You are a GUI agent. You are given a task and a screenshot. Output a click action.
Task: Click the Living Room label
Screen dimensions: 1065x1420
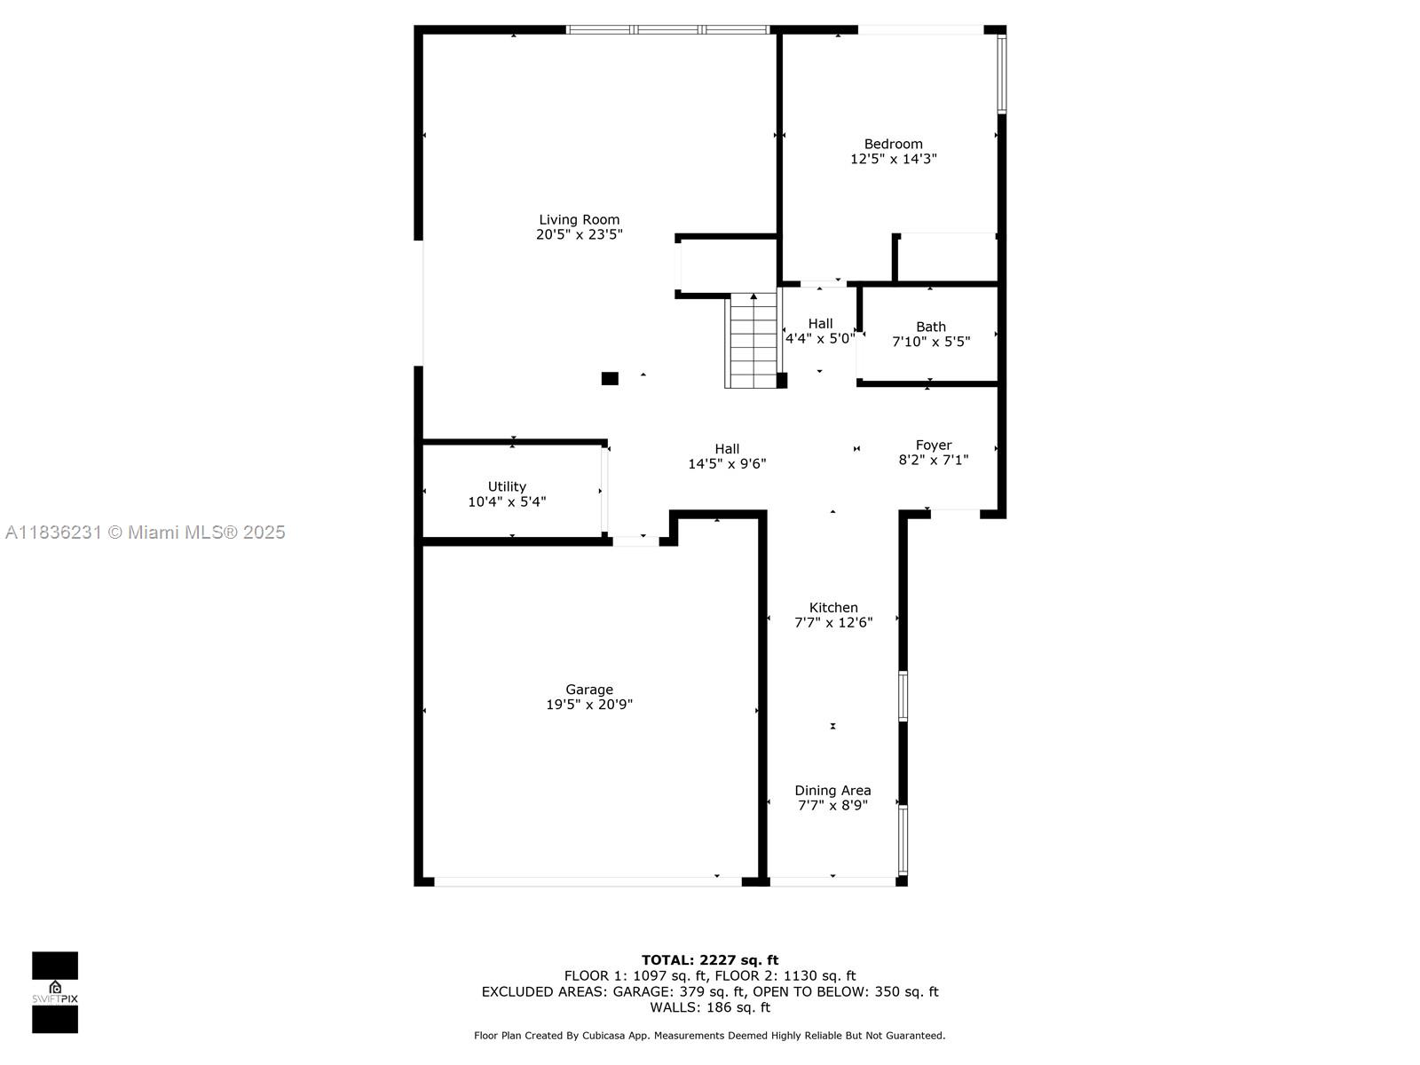(x=579, y=219)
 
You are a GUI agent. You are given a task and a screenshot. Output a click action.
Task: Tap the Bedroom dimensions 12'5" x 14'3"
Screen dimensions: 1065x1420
(x=893, y=159)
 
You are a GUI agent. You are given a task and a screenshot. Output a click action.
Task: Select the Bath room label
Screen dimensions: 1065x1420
(x=930, y=327)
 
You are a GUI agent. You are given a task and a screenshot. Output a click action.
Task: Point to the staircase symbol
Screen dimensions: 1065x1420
(x=753, y=342)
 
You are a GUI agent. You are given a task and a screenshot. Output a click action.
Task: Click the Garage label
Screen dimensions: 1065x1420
(x=589, y=689)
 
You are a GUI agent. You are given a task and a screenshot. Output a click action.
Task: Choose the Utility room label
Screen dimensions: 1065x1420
(x=507, y=486)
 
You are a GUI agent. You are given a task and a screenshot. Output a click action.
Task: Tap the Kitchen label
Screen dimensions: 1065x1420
(x=833, y=607)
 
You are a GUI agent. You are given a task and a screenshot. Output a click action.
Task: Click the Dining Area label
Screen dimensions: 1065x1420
(x=832, y=790)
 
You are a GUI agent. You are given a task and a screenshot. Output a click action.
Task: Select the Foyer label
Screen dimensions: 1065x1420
(x=934, y=445)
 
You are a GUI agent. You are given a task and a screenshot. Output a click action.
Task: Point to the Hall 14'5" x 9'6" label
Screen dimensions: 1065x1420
(x=727, y=456)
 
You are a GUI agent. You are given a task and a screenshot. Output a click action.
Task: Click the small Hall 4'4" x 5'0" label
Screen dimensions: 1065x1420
(x=820, y=330)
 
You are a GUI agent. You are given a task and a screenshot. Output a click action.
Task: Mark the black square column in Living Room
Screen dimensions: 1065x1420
(x=610, y=379)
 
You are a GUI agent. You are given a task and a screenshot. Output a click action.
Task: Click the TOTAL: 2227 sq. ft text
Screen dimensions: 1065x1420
(x=709, y=959)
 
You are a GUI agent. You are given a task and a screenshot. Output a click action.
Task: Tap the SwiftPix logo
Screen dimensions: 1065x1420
(x=55, y=992)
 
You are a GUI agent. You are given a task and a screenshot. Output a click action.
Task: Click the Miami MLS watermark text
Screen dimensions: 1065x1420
(x=146, y=532)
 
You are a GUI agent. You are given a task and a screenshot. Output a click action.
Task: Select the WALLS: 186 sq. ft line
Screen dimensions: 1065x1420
(x=709, y=1007)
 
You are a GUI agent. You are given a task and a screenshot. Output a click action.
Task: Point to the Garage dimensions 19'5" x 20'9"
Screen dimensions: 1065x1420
(x=589, y=705)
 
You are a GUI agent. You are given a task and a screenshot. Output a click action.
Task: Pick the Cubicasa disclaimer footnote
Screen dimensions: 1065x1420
(x=709, y=1036)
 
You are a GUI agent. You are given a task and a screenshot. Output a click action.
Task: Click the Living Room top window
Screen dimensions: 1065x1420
(x=667, y=29)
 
